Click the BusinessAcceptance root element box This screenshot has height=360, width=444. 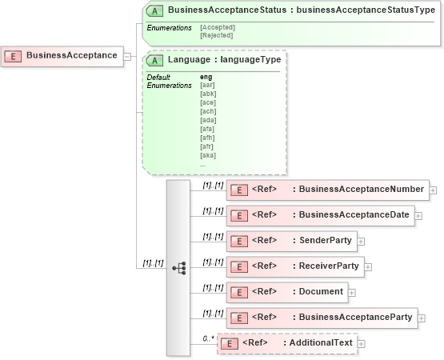pyautogui.click(x=62, y=56)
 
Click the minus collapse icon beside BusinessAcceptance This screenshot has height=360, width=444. pyautogui.click(x=128, y=56)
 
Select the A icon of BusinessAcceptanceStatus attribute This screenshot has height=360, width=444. pyautogui.click(x=154, y=10)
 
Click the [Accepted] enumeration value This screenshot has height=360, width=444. pyautogui.click(x=217, y=27)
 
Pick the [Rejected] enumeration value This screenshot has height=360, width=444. pyautogui.click(x=216, y=35)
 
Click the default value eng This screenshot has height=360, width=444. pyautogui.click(x=206, y=77)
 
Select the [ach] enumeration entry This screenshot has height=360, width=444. pyautogui.click(x=207, y=111)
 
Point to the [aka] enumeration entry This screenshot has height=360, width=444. pyautogui.click(x=207, y=155)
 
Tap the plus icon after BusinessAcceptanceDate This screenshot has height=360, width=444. pyautogui.click(x=418, y=216)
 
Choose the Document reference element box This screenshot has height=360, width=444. pyautogui.click(x=288, y=292)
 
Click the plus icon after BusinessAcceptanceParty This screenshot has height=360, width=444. pyautogui.click(x=421, y=318)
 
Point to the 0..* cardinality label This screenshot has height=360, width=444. pyautogui.click(x=207, y=339)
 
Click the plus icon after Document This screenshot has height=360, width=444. pyautogui.click(x=353, y=293)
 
